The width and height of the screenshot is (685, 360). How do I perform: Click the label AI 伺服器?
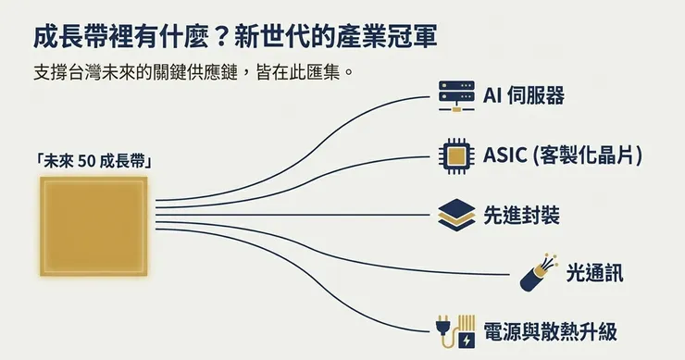point(524,94)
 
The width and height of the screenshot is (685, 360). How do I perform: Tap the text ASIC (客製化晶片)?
point(562,155)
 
